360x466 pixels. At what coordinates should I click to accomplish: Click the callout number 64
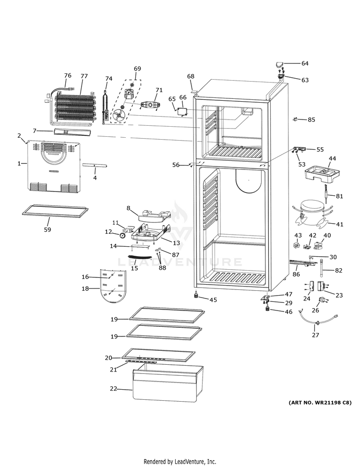point(305,63)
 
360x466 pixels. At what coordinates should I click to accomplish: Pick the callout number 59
point(48,229)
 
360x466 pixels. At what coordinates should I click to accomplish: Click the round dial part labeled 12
point(123,235)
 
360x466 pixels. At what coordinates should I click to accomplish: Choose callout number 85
point(312,119)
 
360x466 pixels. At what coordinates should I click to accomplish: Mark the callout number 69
point(137,69)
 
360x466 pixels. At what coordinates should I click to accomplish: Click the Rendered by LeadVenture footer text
point(180,461)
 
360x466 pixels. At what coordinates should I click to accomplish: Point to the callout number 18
point(85,289)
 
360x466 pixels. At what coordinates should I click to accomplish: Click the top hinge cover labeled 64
point(280,64)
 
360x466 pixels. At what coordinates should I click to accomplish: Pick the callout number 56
point(176,165)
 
